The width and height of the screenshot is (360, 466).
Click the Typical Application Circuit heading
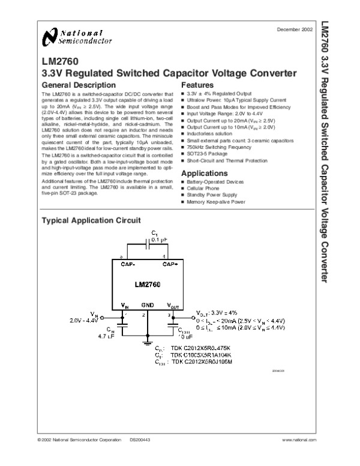coord(91,220)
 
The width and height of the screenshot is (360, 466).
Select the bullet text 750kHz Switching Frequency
coord(219,147)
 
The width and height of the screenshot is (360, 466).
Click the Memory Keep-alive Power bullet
coord(216,202)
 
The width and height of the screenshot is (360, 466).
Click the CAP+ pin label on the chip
coord(169,264)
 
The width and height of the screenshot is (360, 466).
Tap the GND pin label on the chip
coord(148,305)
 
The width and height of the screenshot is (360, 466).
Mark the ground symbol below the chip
coord(148,343)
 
